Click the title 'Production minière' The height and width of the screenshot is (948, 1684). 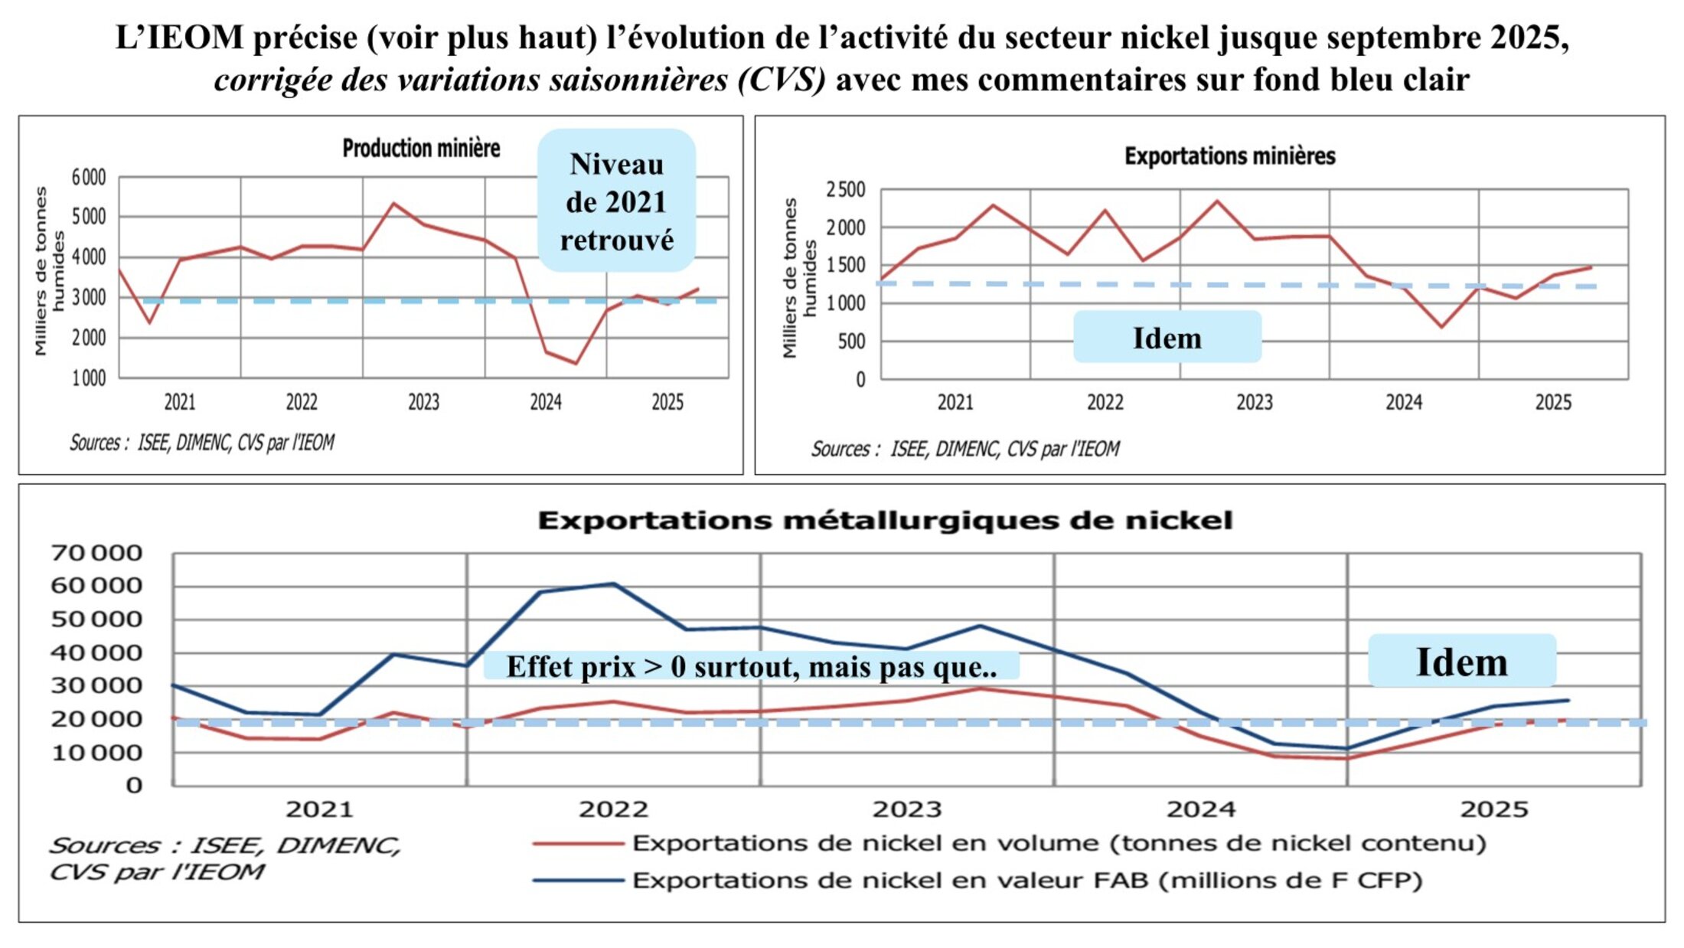click(x=421, y=148)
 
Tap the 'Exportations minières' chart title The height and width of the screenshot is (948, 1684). click(x=1229, y=156)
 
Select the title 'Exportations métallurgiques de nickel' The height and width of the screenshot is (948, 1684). click(x=885, y=521)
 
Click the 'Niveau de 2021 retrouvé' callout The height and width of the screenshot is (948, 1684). click(x=616, y=201)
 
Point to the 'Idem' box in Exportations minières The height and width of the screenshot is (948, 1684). click(x=1167, y=338)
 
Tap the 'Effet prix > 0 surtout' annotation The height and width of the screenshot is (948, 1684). click(x=751, y=666)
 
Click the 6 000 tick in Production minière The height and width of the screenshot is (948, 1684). click(x=89, y=178)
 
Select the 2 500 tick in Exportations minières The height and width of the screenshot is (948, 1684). click(x=845, y=189)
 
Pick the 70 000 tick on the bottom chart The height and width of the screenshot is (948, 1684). click(x=96, y=553)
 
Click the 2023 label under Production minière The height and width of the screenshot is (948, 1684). click(x=423, y=402)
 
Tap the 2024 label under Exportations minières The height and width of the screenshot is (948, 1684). click(x=1404, y=402)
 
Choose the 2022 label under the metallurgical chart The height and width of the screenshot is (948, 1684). click(x=613, y=809)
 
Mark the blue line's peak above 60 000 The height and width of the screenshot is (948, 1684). click(x=612, y=584)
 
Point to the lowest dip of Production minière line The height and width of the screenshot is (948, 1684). click(x=576, y=363)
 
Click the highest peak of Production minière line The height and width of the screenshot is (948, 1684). click(x=393, y=204)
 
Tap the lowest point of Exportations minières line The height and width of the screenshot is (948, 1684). click(x=1442, y=327)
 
